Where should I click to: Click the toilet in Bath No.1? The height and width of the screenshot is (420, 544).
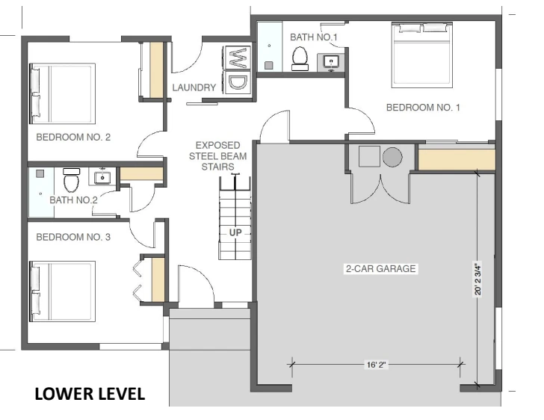click(301, 58)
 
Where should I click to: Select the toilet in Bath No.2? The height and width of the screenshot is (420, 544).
click(71, 181)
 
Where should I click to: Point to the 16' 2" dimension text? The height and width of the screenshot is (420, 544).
click(377, 366)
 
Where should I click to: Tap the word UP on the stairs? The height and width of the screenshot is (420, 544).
click(235, 232)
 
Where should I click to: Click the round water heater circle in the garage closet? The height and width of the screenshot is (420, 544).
click(393, 157)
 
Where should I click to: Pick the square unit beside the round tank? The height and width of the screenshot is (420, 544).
click(368, 157)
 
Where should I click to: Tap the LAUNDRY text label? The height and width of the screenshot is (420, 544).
click(194, 87)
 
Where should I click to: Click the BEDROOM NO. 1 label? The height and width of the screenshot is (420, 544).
click(422, 108)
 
